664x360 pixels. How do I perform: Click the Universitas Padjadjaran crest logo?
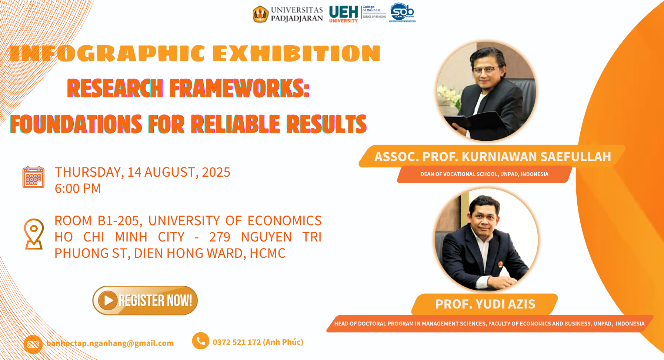click(x=260, y=14)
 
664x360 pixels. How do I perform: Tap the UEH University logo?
click(x=344, y=14)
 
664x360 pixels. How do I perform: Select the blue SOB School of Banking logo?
click(x=402, y=13)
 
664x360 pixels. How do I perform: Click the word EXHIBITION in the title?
click(x=297, y=53)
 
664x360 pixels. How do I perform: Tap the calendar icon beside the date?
click(x=33, y=177)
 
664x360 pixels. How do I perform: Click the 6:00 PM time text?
click(x=78, y=189)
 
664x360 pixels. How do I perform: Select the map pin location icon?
click(x=34, y=234)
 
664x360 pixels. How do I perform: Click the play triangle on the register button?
click(x=108, y=300)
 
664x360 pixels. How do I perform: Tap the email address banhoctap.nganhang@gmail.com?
click(x=110, y=343)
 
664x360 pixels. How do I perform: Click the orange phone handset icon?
click(x=201, y=341)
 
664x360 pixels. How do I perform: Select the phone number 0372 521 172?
click(x=237, y=342)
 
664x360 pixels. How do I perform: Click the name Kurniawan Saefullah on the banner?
click(x=536, y=157)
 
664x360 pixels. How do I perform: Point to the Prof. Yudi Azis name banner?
click(x=485, y=304)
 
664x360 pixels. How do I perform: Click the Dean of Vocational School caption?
click(x=484, y=174)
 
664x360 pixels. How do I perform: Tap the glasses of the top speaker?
click(x=486, y=70)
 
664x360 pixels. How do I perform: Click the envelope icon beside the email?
click(x=33, y=344)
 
